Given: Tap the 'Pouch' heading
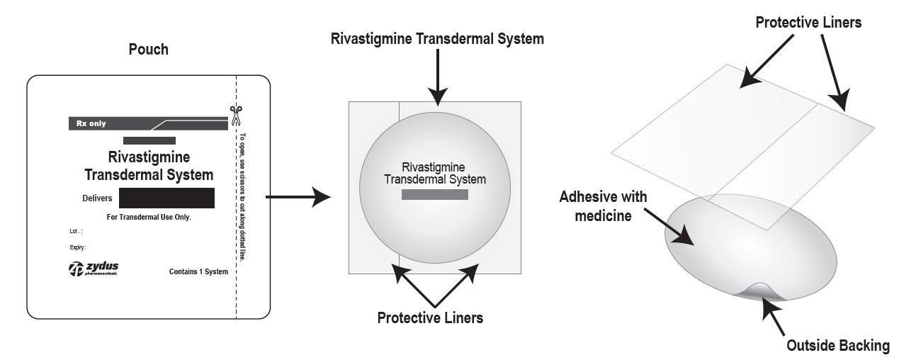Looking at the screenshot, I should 149,50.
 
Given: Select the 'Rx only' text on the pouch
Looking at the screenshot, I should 91,123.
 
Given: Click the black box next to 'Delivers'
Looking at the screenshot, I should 166,198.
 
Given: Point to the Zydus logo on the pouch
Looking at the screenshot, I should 93,269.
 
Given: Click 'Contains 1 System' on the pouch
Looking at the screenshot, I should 198,271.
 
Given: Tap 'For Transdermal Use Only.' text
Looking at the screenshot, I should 149,217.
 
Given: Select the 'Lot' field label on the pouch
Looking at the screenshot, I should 75,232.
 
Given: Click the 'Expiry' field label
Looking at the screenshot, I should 77,248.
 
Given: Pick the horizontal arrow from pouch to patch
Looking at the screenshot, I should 298,197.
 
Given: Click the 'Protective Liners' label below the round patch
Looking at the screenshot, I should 430,317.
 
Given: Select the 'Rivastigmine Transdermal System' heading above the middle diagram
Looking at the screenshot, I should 437,39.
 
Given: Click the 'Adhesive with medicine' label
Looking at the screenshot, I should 604,206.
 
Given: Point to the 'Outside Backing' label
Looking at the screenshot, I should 838,346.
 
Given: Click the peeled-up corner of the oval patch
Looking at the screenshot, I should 758,291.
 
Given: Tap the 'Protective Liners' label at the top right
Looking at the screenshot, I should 808,23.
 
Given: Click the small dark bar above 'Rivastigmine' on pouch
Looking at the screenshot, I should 149,140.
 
